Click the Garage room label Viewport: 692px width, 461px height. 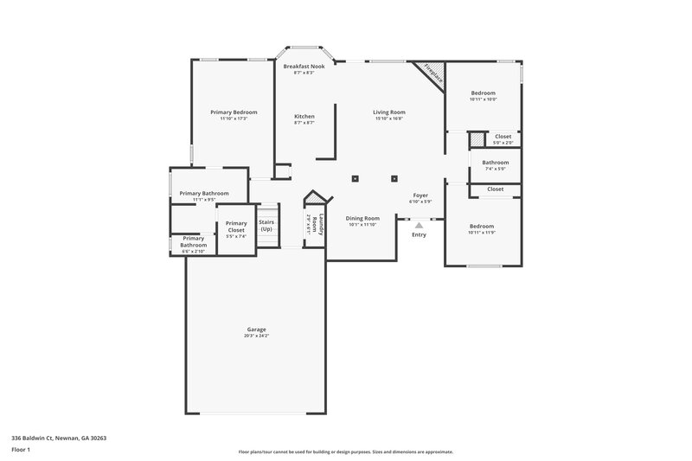[256, 329]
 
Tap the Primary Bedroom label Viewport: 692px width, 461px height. [234, 112]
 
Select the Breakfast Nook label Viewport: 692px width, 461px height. [304, 66]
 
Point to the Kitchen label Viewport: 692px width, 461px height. [304, 116]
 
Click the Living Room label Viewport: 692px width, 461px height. [389, 112]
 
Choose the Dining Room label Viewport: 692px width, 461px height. [362, 218]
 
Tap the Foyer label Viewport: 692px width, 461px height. [420, 195]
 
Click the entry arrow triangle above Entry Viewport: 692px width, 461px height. [419, 225]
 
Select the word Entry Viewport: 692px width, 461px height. [419, 234]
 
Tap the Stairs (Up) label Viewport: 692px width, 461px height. [267, 225]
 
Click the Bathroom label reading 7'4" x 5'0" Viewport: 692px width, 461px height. [496, 163]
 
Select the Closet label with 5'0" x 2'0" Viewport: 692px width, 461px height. [503, 136]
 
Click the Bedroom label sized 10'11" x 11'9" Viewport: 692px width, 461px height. [483, 226]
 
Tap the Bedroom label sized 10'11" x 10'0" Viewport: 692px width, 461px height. [483, 93]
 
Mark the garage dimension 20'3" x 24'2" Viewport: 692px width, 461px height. [256, 336]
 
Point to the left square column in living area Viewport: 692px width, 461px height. [355, 179]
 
